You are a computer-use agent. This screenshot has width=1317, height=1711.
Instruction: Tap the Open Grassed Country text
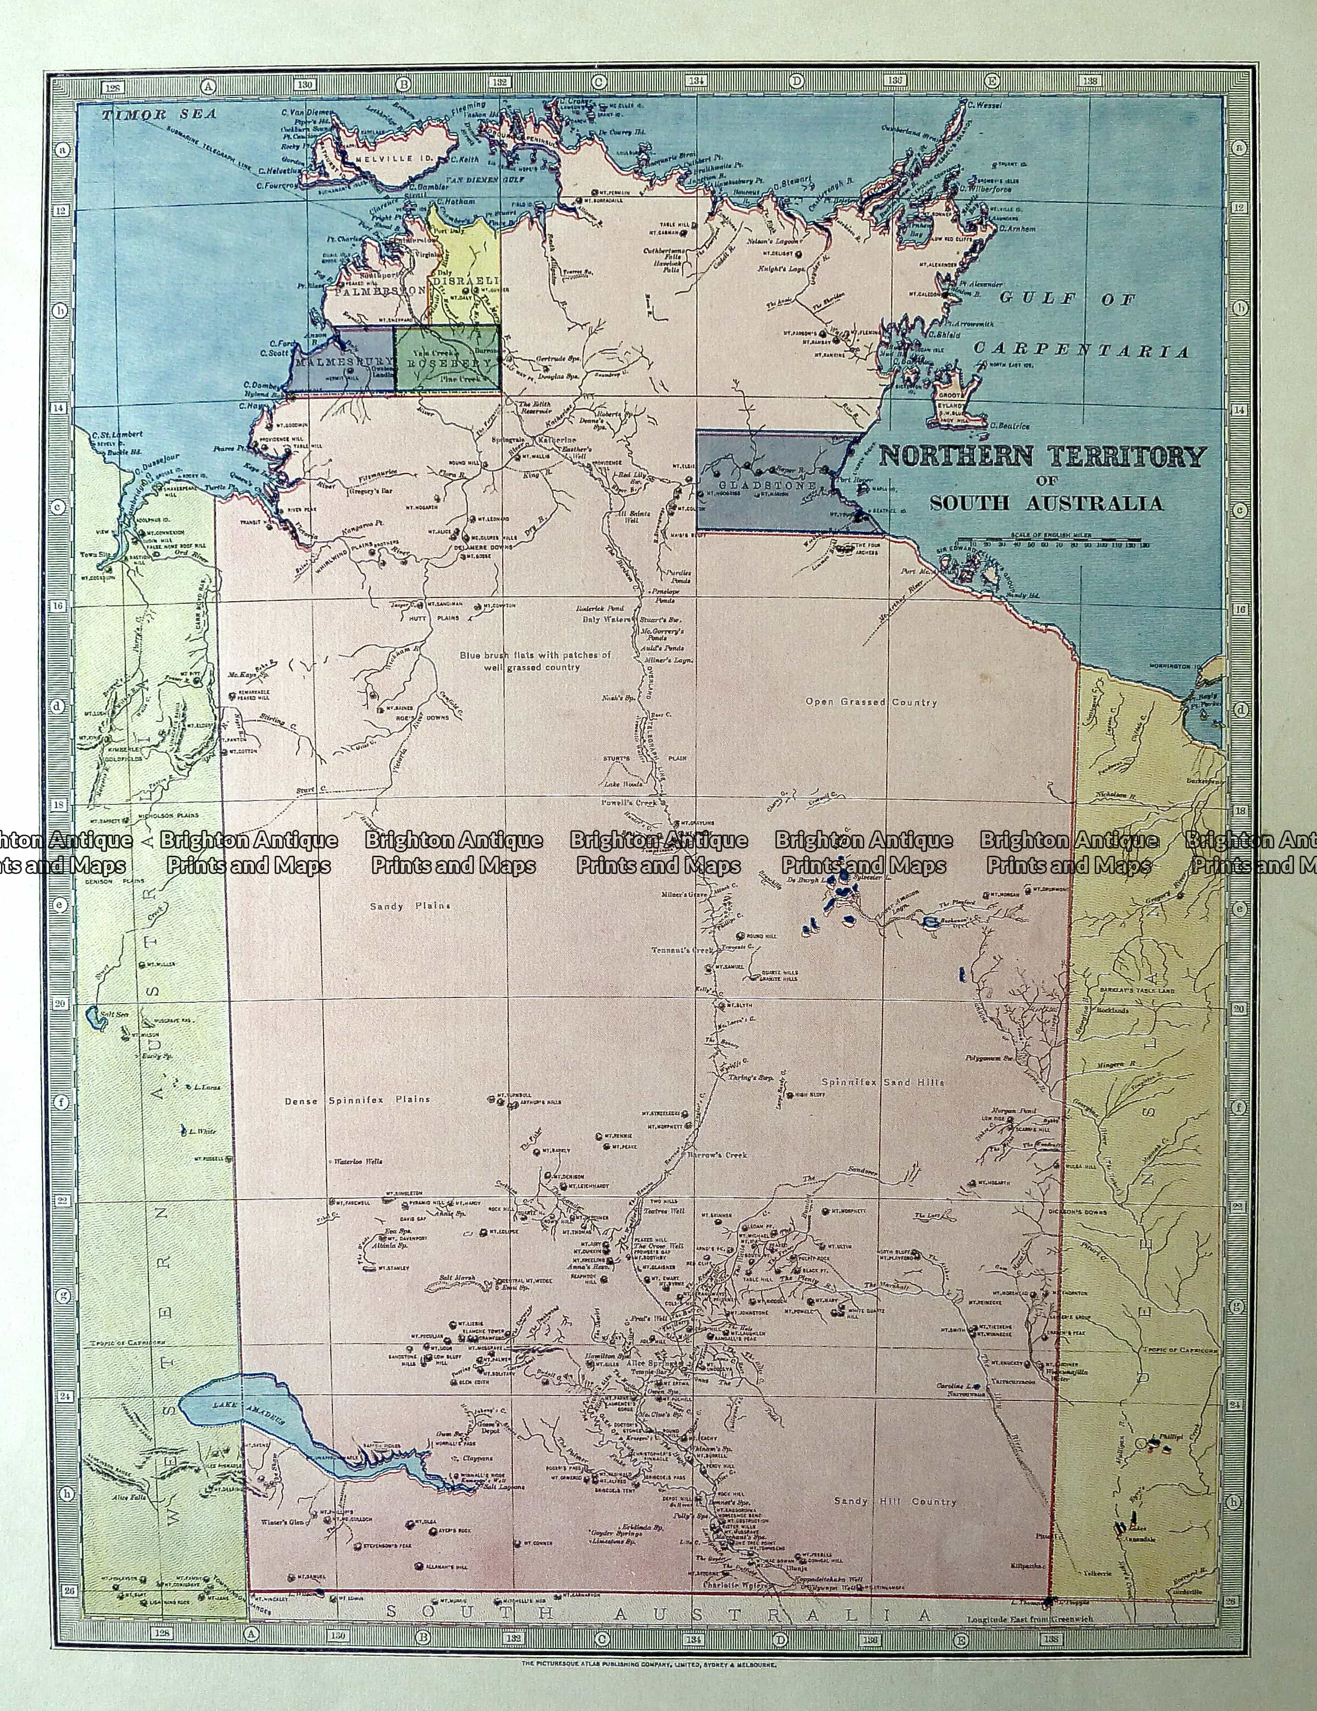click(x=870, y=702)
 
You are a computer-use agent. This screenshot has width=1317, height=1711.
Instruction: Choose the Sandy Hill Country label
click(x=894, y=1502)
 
